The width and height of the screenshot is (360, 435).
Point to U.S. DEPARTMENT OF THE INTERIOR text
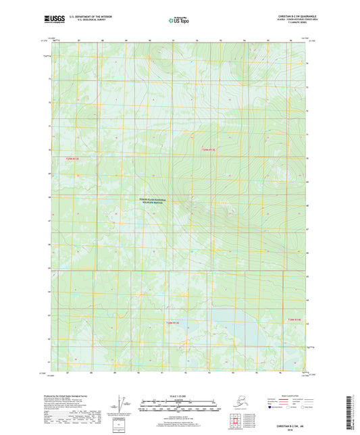[x=91, y=16]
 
